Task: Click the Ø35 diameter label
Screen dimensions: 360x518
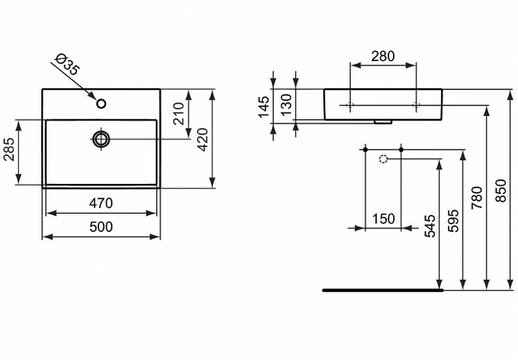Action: [x=68, y=66]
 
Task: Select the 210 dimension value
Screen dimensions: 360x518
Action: [x=182, y=113]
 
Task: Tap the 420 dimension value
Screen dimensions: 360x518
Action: [x=202, y=139]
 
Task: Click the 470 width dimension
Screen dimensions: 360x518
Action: [x=100, y=203]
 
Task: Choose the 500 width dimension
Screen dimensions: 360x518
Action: [x=100, y=227]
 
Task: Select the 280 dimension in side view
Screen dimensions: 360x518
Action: [x=383, y=56]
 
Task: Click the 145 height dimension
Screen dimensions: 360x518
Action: [x=264, y=106]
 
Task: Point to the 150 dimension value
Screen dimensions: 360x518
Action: [x=383, y=219]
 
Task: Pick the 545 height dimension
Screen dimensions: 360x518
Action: [x=430, y=223]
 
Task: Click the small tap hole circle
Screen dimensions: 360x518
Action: [x=101, y=104]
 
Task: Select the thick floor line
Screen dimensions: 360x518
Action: [x=382, y=290]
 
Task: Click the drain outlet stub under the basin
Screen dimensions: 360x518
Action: [x=383, y=120]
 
